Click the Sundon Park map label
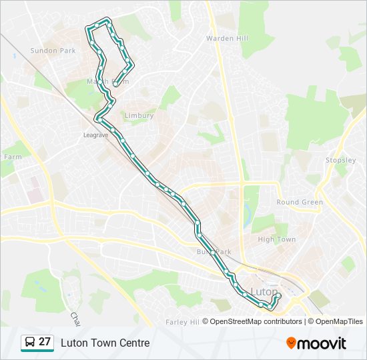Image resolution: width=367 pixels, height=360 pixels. coord(53,51)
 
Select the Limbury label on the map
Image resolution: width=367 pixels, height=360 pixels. coord(139,115)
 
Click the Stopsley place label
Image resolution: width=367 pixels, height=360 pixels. coord(341,160)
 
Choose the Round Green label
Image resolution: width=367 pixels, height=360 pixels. coord(300,202)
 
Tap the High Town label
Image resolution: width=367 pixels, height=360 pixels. coord(276,239)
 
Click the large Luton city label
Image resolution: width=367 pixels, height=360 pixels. coord(264,291)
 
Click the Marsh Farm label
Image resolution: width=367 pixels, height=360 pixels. coord(107,81)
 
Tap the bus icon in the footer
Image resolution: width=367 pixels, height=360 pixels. coord(30,343)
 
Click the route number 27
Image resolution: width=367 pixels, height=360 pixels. coord(45,342)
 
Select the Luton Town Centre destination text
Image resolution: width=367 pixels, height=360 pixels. coord(105,343)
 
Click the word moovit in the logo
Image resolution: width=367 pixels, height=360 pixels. coord(322,343)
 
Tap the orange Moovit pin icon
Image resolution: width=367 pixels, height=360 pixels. coord(291,343)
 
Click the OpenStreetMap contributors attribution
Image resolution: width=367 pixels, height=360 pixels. coord(256,321)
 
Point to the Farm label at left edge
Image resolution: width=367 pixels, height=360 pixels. coord(12,157)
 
